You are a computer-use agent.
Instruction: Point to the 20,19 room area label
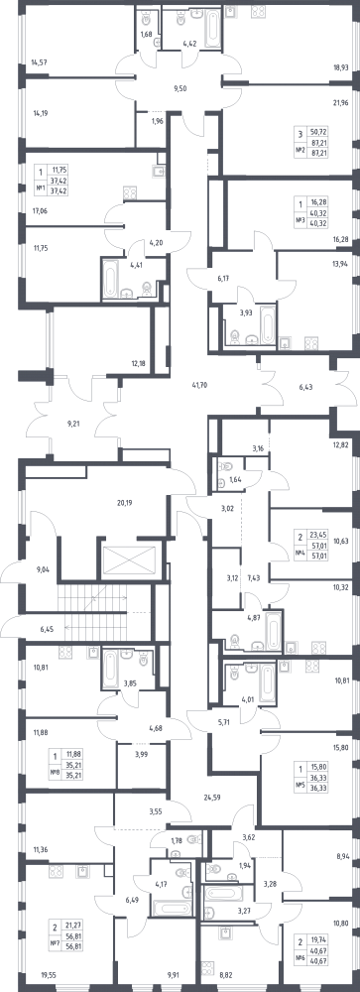pos(126,503)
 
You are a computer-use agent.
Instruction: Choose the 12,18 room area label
pos(139,362)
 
